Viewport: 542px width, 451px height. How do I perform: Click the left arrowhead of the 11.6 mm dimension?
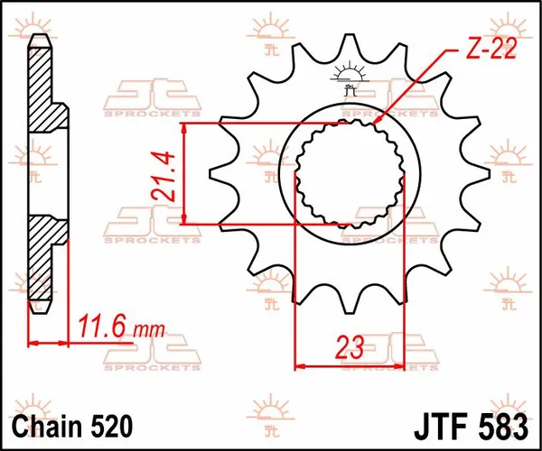(x=33, y=343)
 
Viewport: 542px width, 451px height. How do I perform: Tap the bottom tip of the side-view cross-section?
(x=37, y=311)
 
